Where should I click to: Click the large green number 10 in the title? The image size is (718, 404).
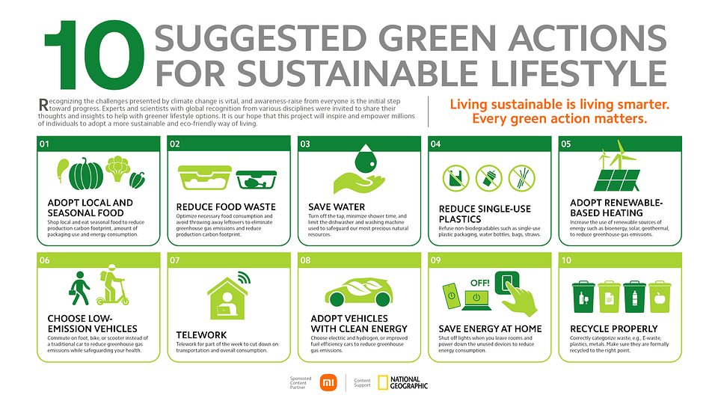94,55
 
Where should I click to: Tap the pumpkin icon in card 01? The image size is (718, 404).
85,174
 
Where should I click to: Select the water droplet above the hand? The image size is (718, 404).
366,159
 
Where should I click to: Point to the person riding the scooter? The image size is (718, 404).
111,285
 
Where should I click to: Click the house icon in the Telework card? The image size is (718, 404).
227,298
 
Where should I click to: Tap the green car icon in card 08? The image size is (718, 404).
359,292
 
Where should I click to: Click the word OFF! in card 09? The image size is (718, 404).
480,283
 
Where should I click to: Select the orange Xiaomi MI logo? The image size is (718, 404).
328,382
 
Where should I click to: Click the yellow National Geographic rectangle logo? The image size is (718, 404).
383,382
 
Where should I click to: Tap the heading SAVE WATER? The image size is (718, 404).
337,207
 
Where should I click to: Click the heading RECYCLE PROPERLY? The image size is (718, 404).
613,329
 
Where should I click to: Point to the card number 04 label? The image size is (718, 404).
435,144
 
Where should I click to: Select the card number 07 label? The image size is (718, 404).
175,260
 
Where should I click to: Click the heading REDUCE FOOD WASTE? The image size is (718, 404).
226,207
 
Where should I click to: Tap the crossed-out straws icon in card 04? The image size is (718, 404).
521,178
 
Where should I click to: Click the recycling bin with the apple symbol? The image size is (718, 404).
660,297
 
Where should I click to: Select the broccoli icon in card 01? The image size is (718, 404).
117,168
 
